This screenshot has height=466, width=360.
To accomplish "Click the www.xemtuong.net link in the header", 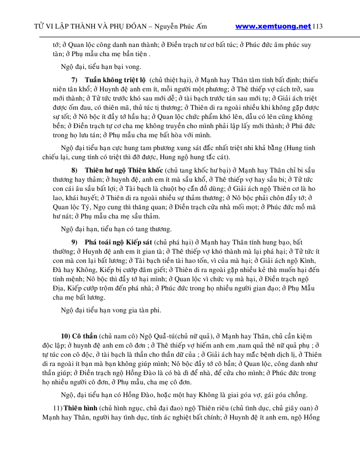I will [x=273, y=26].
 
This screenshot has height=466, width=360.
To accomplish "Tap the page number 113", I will [x=318, y=26].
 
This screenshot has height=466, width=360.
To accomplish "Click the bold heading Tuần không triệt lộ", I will [x=115, y=80].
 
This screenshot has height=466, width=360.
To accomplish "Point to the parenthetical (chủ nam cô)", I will [x=115, y=335].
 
